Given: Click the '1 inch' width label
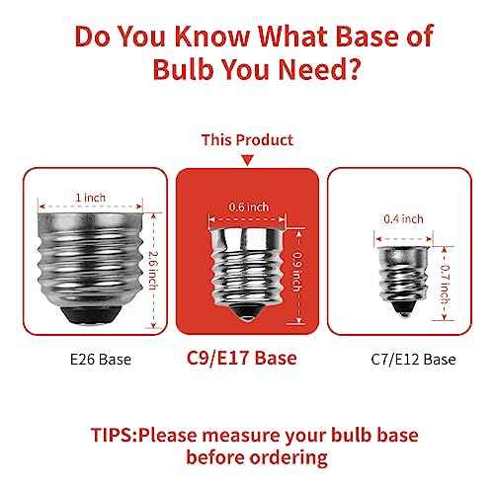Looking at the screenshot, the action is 91,198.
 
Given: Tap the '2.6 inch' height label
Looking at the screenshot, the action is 153,271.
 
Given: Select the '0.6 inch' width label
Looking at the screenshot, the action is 249,207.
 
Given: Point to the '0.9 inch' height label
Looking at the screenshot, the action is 297,272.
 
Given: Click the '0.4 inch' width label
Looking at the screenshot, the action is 403,219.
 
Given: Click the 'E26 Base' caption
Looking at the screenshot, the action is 101,360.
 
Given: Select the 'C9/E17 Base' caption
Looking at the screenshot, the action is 242,358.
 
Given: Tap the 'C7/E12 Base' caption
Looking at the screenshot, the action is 413,360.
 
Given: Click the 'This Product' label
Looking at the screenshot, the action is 247,140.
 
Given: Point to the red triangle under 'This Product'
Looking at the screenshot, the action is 248,160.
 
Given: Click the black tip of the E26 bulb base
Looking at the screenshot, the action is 91,315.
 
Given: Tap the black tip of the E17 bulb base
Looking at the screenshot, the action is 246,313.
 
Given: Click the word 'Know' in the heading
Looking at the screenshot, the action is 211,36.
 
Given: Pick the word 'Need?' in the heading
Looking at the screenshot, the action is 319,69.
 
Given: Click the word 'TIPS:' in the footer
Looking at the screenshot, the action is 114,435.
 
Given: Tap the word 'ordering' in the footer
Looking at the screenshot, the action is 288,458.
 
